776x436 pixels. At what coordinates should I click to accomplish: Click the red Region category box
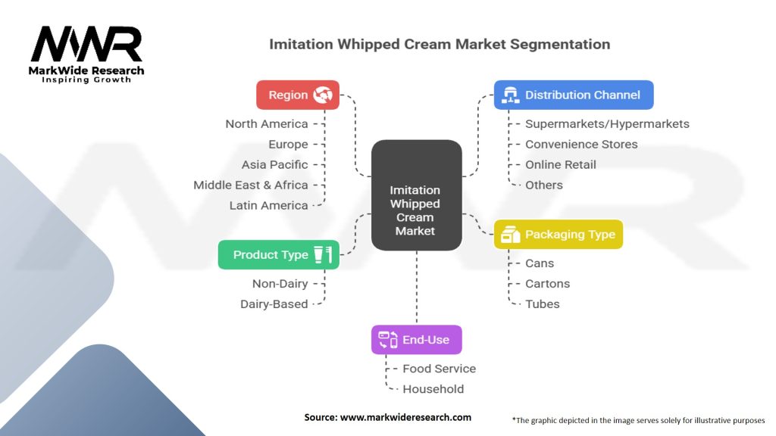(x=298, y=95)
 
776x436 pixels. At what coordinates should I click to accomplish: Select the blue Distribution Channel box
(x=573, y=95)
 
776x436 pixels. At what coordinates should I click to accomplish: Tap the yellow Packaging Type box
(x=558, y=235)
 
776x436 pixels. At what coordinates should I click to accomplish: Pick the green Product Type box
(x=278, y=255)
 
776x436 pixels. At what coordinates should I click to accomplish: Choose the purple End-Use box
(x=416, y=340)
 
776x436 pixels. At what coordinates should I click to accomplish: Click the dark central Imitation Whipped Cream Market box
(x=415, y=195)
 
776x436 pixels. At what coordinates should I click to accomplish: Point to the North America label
(x=267, y=124)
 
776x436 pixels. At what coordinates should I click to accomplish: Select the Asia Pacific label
(x=275, y=165)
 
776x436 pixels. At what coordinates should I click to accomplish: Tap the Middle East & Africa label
(x=251, y=185)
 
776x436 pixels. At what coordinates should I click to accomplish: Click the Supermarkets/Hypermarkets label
(x=607, y=124)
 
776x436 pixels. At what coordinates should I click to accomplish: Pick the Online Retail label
(x=560, y=165)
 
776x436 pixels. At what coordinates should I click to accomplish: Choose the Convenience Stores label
(x=581, y=145)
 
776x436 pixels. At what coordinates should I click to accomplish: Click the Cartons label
(x=547, y=284)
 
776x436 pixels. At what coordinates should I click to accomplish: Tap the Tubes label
(x=543, y=304)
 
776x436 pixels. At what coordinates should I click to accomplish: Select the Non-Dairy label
(x=280, y=284)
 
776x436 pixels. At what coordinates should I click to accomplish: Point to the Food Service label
(x=439, y=369)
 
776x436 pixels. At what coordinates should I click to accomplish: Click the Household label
(x=433, y=389)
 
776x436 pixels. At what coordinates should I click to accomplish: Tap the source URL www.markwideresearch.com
(x=387, y=417)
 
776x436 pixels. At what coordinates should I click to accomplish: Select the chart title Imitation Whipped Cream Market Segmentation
(x=440, y=45)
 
